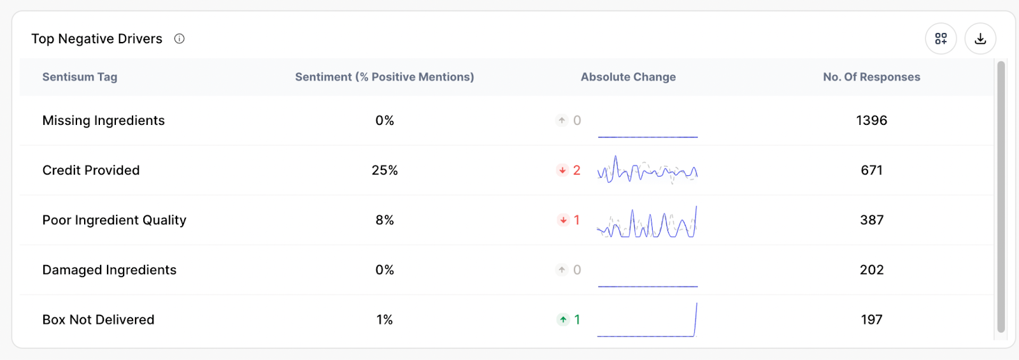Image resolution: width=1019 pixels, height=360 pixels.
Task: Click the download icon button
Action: pyautogui.click(x=980, y=39)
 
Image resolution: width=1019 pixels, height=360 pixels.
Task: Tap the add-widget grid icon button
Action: pyautogui.click(x=941, y=39)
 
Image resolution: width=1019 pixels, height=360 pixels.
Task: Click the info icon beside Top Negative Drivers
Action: pyautogui.click(x=180, y=39)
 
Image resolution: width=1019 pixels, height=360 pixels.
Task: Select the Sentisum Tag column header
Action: pyautogui.click(x=80, y=77)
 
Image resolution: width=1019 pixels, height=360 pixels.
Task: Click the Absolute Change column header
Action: pyautogui.click(x=628, y=77)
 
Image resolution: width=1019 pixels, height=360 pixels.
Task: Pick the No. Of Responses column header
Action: pyautogui.click(x=871, y=77)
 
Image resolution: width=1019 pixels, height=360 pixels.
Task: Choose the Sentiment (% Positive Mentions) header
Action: pyautogui.click(x=384, y=77)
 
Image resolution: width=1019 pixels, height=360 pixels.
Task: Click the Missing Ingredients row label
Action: pyautogui.click(x=103, y=120)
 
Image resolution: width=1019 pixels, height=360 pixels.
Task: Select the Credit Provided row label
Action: pyautogui.click(x=91, y=170)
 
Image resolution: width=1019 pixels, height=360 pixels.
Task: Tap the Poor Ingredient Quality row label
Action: pyautogui.click(x=114, y=220)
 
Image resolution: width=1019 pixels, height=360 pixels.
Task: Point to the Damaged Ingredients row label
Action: pyautogui.click(x=109, y=270)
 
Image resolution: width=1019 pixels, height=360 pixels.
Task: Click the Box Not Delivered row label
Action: pyautogui.click(x=98, y=320)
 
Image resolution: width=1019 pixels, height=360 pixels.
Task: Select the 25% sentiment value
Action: pyautogui.click(x=385, y=170)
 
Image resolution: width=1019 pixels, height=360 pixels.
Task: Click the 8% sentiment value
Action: pyautogui.click(x=385, y=220)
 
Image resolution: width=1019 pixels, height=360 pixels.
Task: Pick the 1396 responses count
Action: pyautogui.click(x=871, y=120)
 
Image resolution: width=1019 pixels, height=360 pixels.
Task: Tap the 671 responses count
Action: pyautogui.click(x=871, y=170)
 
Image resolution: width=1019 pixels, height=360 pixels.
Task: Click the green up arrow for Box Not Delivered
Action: pyautogui.click(x=563, y=320)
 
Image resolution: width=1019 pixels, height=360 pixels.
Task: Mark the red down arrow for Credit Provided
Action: pyautogui.click(x=562, y=170)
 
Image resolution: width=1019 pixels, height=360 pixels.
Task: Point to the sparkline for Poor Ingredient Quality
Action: pyautogui.click(x=647, y=222)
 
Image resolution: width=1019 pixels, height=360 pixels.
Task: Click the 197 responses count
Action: pyautogui.click(x=871, y=320)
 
